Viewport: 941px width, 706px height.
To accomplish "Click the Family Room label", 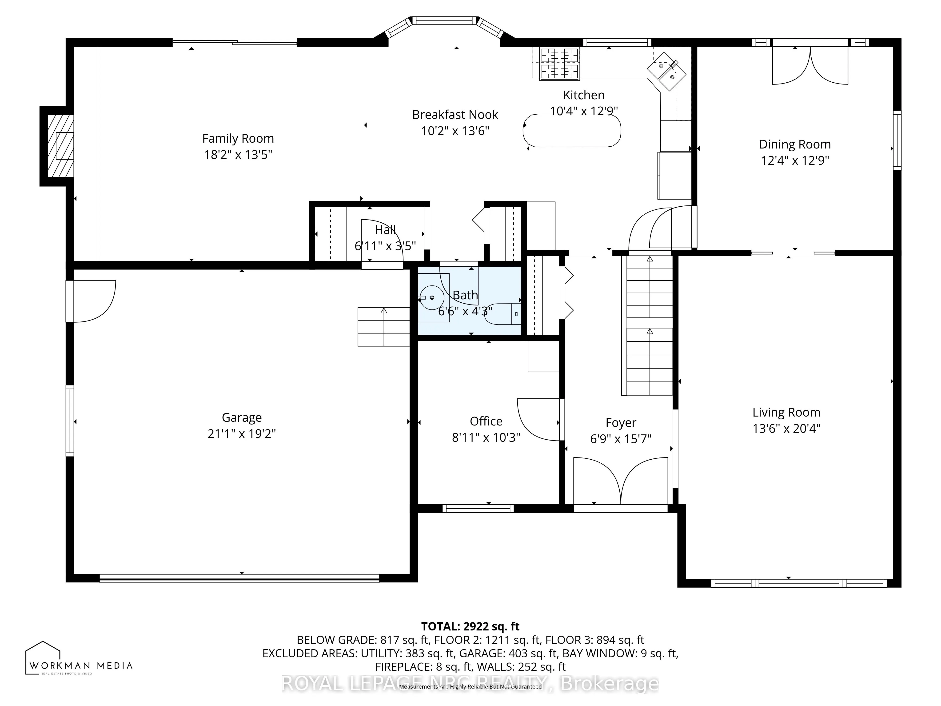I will pos(238,139).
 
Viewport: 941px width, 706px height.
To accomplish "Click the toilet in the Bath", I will pos(504,314).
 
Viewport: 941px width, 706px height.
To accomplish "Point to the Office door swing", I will pos(538,419).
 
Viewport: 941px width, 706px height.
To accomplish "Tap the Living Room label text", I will pos(786,412).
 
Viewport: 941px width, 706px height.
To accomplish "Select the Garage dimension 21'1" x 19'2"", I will pos(242,434).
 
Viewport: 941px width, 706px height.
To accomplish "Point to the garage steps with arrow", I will pos(383,326).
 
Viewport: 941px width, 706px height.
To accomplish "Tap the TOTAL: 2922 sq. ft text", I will pos(470,626).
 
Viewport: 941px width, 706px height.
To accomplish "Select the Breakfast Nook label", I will pos(455,115).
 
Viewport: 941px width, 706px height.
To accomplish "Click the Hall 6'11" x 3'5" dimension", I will pos(385,246).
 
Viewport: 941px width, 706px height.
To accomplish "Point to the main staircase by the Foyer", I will pos(649,325).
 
